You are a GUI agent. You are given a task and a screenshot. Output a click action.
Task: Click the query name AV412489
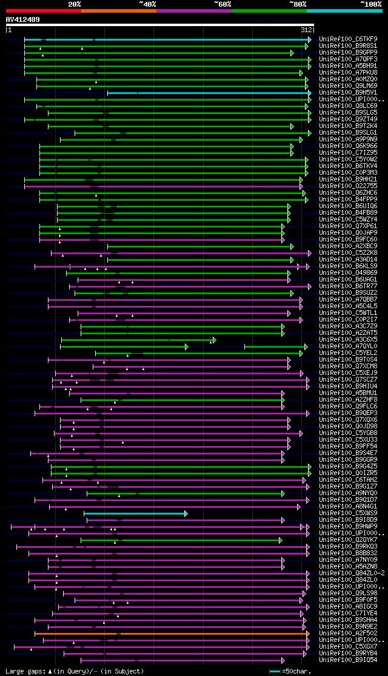pos(23,19)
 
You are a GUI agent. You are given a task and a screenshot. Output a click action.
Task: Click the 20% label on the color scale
pos(75,4)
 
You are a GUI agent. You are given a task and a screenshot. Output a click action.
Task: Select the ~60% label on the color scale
pos(222,4)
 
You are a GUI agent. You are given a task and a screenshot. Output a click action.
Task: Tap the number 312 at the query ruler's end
pos(306,30)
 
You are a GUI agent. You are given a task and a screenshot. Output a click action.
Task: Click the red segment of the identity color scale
pos(43,11)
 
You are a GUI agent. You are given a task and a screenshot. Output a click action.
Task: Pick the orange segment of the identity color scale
pos(118,11)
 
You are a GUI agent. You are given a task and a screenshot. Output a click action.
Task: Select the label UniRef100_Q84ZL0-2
pos(352,573)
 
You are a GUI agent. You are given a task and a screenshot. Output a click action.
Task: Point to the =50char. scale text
pos(298,671)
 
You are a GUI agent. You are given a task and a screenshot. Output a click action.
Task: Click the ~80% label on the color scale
pos(297,4)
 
